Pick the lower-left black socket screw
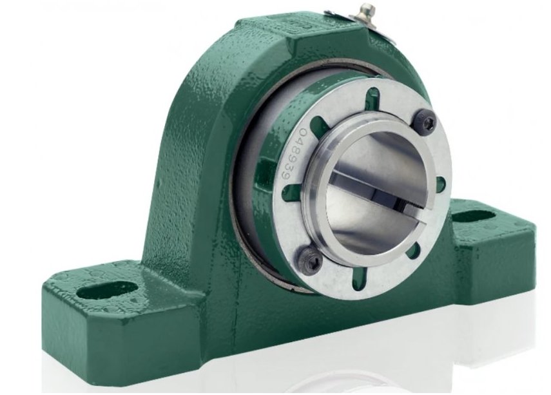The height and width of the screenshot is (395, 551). click(x=314, y=258)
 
